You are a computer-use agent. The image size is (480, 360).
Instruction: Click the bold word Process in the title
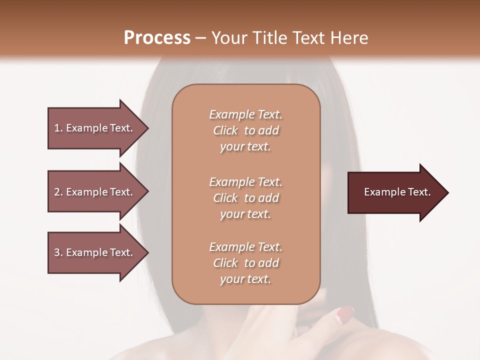coord(157,38)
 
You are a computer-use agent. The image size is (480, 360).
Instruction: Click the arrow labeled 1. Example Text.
coord(95,128)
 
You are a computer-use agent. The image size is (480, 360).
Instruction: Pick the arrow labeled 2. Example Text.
coord(95,192)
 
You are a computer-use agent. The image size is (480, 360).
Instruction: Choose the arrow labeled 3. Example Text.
coord(95,252)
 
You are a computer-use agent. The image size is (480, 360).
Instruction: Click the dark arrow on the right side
coord(395,192)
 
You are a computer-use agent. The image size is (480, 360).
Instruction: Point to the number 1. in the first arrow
coord(58,128)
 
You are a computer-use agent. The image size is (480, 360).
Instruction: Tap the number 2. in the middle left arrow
coord(58,192)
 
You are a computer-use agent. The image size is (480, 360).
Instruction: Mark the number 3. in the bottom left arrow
coord(58,252)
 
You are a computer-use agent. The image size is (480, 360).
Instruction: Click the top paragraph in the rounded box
coord(245,130)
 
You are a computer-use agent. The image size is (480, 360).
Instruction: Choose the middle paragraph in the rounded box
coord(245,198)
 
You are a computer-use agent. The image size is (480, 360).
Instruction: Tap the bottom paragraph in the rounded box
coord(245,263)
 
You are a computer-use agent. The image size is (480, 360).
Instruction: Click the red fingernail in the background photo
coord(345,313)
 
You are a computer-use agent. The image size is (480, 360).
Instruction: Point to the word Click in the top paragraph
coord(225,130)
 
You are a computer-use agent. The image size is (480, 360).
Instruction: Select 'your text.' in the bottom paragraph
coord(245,279)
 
